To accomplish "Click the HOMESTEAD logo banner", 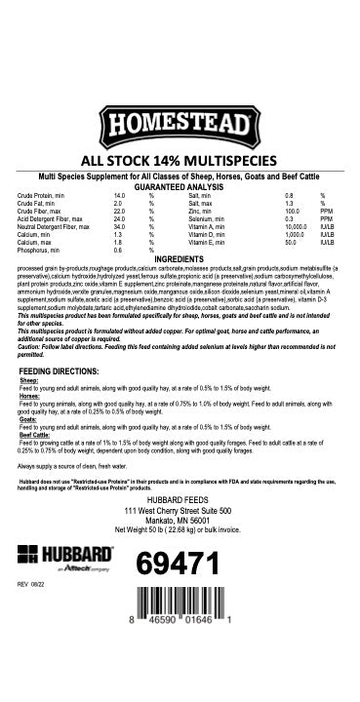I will [x=180, y=126].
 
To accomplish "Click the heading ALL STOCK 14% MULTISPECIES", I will [x=180, y=162].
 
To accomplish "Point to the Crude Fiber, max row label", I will [x=40, y=210].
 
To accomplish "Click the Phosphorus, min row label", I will [x=38, y=250].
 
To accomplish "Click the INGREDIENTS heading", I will [x=180, y=258].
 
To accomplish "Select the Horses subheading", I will [x=30, y=396].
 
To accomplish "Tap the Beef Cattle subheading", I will [x=36, y=436].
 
